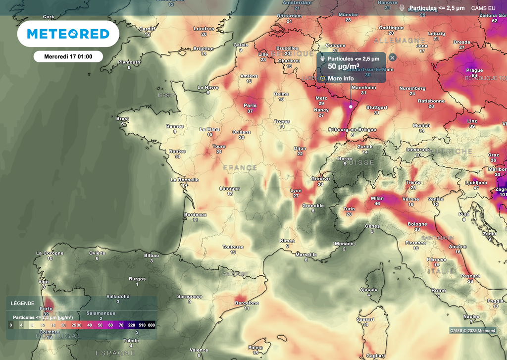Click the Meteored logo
(68, 34)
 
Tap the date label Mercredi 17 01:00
(68, 56)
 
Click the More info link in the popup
(341, 78)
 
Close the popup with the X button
(393, 57)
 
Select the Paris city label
(250, 105)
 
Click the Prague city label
(474, 70)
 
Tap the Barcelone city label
(247, 303)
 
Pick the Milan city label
(377, 198)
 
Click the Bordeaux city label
(195, 214)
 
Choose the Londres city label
(203, 29)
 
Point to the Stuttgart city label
(376, 107)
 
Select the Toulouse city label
(233, 247)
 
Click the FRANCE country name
(240, 168)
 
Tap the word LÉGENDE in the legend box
(23, 303)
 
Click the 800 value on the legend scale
(151, 325)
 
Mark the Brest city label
(122, 119)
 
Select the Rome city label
(438, 291)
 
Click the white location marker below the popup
(351, 106)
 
